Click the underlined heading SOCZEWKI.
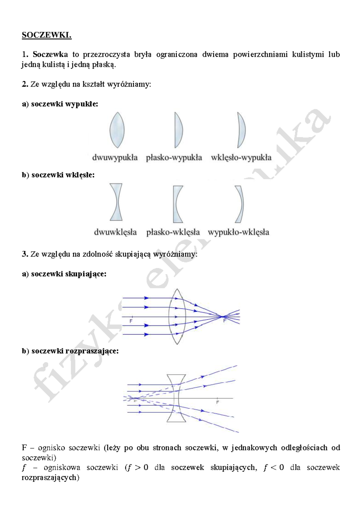click(46, 35)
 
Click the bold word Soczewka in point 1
click(50, 54)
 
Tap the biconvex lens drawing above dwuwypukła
click(117, 130)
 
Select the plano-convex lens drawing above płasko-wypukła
click(179, 130)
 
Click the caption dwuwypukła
click(115, 158)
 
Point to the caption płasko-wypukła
click(174, 158)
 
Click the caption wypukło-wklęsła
click(238, 232)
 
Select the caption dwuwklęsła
click(115, 232)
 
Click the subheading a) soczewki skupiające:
click(64, 274)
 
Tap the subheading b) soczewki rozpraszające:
click(70, 351)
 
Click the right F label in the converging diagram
click(225, 321)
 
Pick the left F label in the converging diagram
click(131, 321)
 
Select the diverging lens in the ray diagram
click(176, 398)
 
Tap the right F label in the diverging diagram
click(218, 402)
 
